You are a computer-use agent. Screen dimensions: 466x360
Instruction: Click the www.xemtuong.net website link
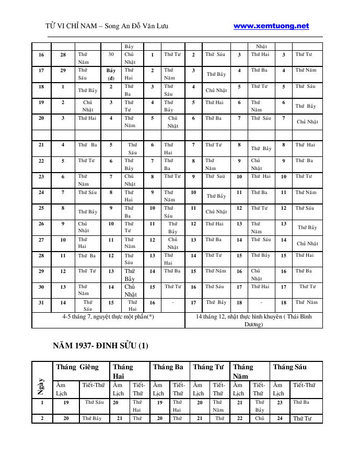click(x=271, y=26)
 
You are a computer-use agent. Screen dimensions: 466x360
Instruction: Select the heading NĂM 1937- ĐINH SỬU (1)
click(x=101, y=346)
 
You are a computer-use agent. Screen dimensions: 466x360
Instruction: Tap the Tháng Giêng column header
click(x=77, y=367)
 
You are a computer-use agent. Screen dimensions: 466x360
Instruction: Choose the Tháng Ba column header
click(x=168, y=367)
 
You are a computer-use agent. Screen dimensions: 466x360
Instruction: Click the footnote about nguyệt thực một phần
click(x=108, y=316)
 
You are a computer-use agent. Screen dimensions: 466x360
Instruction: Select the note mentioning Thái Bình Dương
click(x=253, y=320)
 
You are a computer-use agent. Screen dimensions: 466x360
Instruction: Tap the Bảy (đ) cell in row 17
click(x=111, y=74)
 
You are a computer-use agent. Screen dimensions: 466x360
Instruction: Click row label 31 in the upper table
click(x=41, y=302)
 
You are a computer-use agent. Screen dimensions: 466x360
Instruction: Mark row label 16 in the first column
click(x=41, y=54)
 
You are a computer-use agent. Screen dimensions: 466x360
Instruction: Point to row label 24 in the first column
click(x=41, y=192)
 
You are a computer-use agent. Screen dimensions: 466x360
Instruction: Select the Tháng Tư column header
click(x=208, y=367)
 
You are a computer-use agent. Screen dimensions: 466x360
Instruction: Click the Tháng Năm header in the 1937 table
click(x=243, y=371)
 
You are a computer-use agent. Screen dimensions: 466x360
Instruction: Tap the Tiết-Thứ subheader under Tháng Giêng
click(x=94, y=385)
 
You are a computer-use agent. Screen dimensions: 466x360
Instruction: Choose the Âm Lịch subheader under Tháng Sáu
click(x=278, y=389)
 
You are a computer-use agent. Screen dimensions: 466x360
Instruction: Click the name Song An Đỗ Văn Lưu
click(x=137, y=26)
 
